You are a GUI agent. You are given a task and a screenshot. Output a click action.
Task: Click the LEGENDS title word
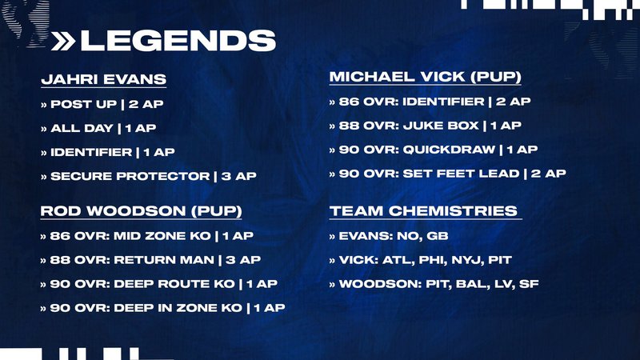click(x=178, y=41)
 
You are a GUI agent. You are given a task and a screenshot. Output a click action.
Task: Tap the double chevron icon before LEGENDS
click(x=63, y=42)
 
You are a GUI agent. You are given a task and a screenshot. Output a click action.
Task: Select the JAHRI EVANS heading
click(x=104, y=79)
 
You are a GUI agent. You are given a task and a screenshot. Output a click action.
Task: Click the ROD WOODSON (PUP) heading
click(x=142, y=211)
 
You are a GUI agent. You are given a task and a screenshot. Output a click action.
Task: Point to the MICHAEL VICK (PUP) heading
click(x=426, y=77)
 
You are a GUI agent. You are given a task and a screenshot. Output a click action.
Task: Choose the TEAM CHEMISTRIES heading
click(x=424, y=211)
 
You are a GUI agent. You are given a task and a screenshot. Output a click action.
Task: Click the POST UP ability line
click(x=102, y=104)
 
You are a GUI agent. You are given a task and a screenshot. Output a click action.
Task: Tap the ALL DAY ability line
click(x=98, y=128)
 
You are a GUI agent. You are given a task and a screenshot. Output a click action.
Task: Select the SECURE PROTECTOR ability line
click(x=149, y=176)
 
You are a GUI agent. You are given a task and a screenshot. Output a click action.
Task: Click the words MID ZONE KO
click(x=162, y=236)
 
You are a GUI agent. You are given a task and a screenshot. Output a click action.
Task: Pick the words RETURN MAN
click(x=164, y=260)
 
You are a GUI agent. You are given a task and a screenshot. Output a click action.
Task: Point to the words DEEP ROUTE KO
click(x=174, y=284)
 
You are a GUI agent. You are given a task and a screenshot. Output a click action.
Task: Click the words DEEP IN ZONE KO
click(x=178, y=308)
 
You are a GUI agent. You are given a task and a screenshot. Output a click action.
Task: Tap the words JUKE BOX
click(x=441, y=126)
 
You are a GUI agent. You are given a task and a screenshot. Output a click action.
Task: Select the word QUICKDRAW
click(x=449, y=150)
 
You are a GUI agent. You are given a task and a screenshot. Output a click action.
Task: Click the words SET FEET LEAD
click(x=462, y=174)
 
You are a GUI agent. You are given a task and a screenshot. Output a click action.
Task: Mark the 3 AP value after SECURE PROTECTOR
click(x=238, y=176)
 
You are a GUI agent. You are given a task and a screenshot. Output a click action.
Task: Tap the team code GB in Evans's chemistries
click(x=438, y=236)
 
